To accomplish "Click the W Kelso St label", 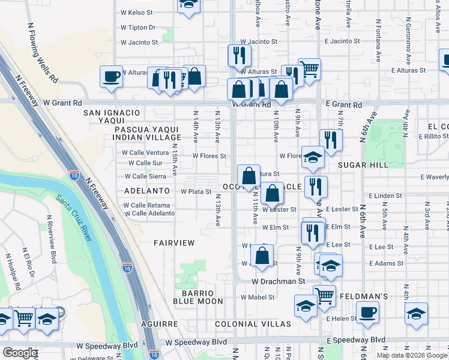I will (137, 12).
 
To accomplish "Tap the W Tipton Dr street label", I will (138, 28).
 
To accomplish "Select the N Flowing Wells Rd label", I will (44, 53).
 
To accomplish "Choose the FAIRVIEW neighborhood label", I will (174, 243).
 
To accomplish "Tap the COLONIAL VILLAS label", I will (253, 324).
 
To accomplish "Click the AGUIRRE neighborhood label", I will (160, 324).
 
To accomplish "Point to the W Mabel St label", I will (258, 297).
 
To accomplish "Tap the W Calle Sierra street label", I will (145, 176).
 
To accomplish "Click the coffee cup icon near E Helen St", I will (367, 312).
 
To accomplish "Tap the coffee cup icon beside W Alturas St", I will (111, 76).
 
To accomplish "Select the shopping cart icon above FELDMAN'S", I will (324, 295).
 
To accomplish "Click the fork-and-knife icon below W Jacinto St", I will (239, 55).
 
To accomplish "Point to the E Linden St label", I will (385, 196).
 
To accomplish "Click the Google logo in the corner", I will (20, 353).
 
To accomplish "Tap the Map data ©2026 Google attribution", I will (412, 355).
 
